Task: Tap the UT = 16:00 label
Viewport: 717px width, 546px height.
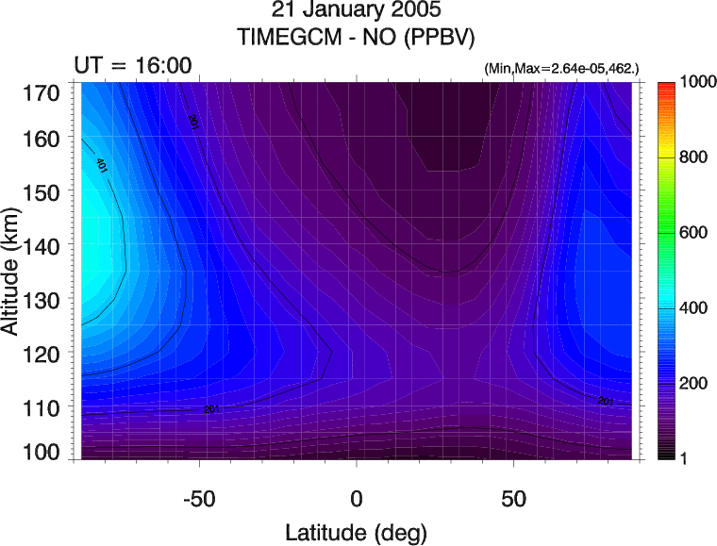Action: coord(133,66)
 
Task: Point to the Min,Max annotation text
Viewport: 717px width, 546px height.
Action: coord(560,70)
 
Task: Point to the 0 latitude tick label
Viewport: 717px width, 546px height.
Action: coord(357,497)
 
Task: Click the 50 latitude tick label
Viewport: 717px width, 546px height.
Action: coord(513,497)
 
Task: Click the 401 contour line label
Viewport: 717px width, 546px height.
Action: coord(101,165)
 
